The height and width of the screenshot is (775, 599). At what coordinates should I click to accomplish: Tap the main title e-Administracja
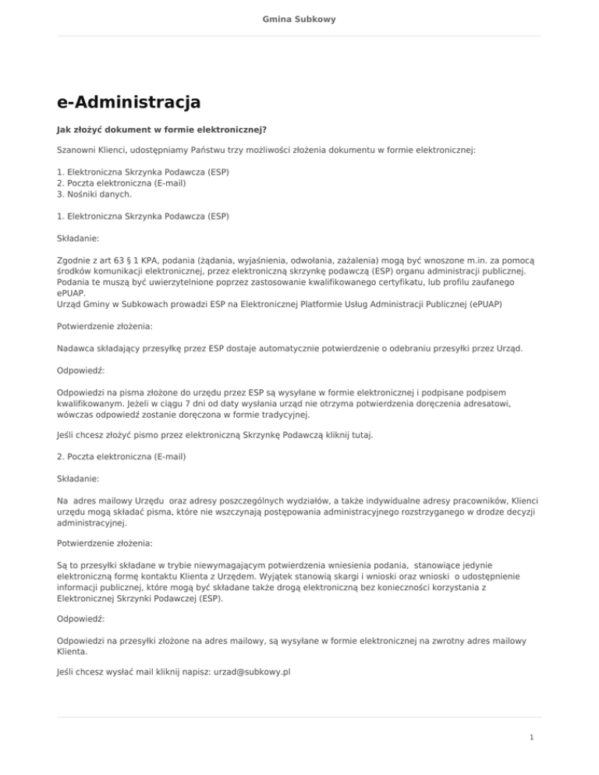coord(129,101)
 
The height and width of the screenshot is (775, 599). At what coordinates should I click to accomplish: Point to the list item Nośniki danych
coord(98,193)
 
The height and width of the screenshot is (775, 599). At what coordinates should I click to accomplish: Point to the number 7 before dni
coord(229,404)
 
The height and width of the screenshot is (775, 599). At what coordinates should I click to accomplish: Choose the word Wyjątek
coord(328,575)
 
